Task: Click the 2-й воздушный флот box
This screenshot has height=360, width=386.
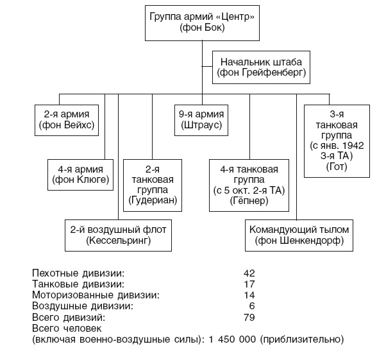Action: [118, 235]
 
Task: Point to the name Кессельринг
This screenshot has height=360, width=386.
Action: [118, 241]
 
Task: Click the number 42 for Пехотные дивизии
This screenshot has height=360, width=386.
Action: [249, 273]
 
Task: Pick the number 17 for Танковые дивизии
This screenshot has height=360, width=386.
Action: [249, 284]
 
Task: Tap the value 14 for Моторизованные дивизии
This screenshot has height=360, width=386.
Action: [249, 295]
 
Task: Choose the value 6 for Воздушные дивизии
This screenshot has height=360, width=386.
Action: [252, 306]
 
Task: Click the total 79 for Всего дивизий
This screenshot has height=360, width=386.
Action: [249, 317]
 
